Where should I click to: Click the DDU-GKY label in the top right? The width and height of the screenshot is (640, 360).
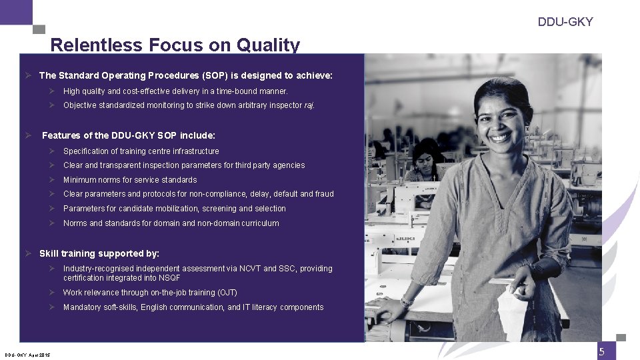point(565,22)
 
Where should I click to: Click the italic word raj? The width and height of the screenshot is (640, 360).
point(309,105)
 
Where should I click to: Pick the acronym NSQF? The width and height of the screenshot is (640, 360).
point(168,278)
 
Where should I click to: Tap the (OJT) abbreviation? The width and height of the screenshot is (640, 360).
point(227,293)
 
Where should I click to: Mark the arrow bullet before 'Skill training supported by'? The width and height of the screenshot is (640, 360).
point(29,253)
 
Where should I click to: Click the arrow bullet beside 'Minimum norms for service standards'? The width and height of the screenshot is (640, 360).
point(51,180)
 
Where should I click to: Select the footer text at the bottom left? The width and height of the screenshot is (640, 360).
point(28,355)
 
